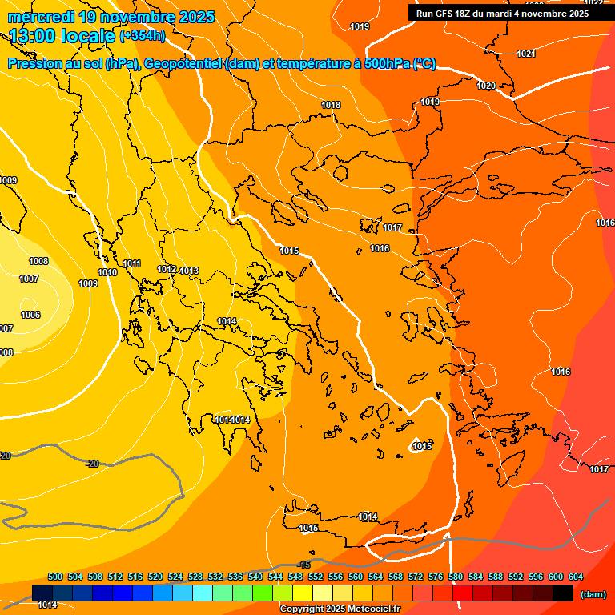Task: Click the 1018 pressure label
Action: pos(331,106)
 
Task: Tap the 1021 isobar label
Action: pos(526,54)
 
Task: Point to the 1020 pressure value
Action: pos(486,86)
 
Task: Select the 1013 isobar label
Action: pos(189,271)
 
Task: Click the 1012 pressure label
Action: pos(167,270)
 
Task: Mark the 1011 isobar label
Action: pos(132,264)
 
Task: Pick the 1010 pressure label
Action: pos(107,273)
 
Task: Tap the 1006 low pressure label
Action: pos(30,316)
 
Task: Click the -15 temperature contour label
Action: pos(303,565)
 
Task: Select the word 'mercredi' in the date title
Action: pos(42,17)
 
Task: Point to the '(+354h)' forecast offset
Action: pos(142,36)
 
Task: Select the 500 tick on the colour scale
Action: pos(55,577)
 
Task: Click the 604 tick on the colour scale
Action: pos(576,577)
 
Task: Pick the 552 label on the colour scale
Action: pos(316,577)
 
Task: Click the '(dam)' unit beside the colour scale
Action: pos(593,594)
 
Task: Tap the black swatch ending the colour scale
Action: pos(563,593)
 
